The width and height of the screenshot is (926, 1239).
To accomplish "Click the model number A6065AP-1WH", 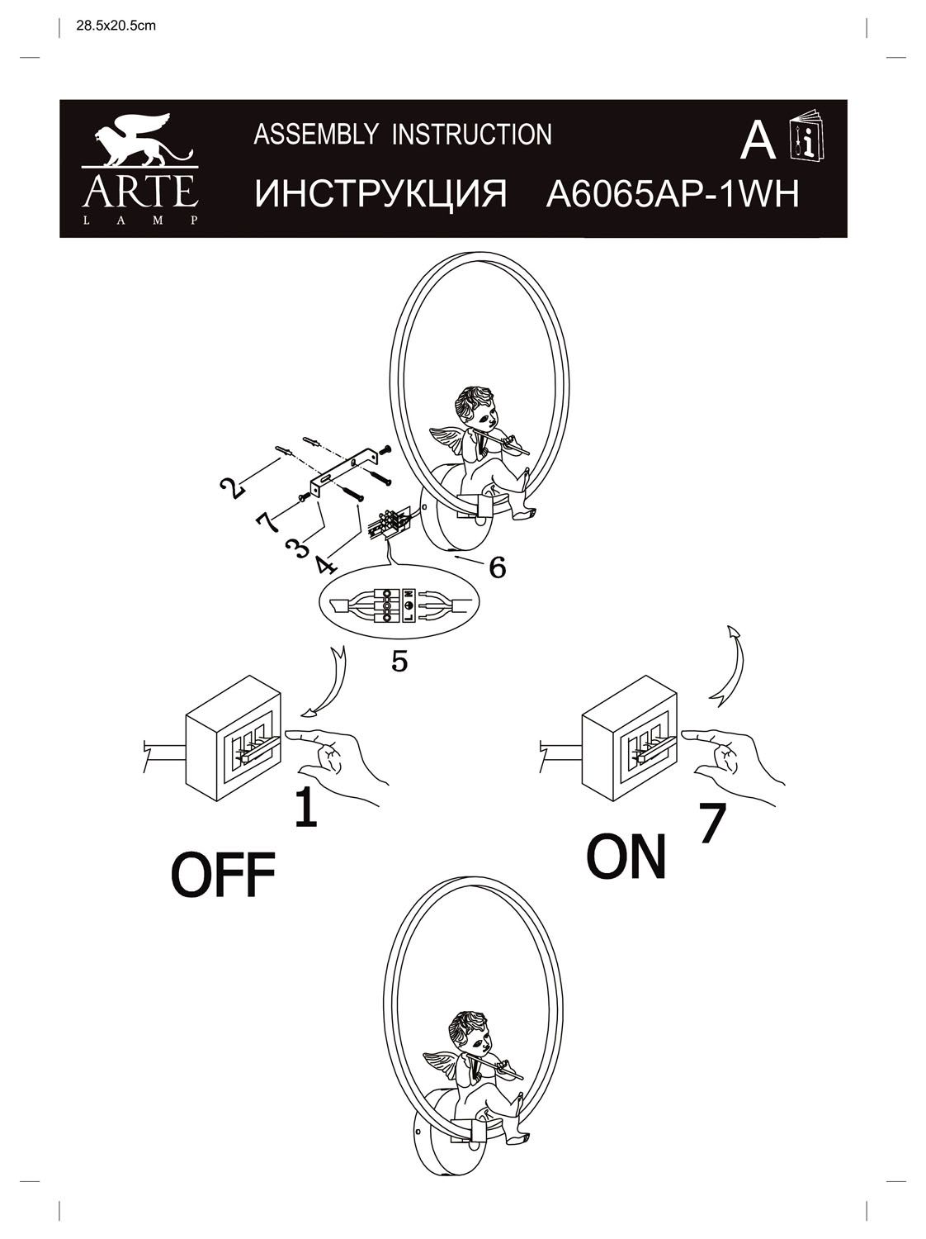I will [673, 196].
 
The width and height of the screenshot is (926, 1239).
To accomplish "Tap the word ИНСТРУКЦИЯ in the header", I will [380, 196].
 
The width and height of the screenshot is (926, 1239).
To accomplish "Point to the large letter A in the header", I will [757, 141].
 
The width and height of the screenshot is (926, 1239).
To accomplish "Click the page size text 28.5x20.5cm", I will [116, 26].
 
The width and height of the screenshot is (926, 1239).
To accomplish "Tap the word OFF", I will [222, 876].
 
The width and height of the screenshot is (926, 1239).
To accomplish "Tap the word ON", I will [626, 857].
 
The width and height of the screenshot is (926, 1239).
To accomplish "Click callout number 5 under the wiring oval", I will [399, 662].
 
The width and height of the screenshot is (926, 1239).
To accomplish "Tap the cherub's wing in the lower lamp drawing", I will [445, 1062].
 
